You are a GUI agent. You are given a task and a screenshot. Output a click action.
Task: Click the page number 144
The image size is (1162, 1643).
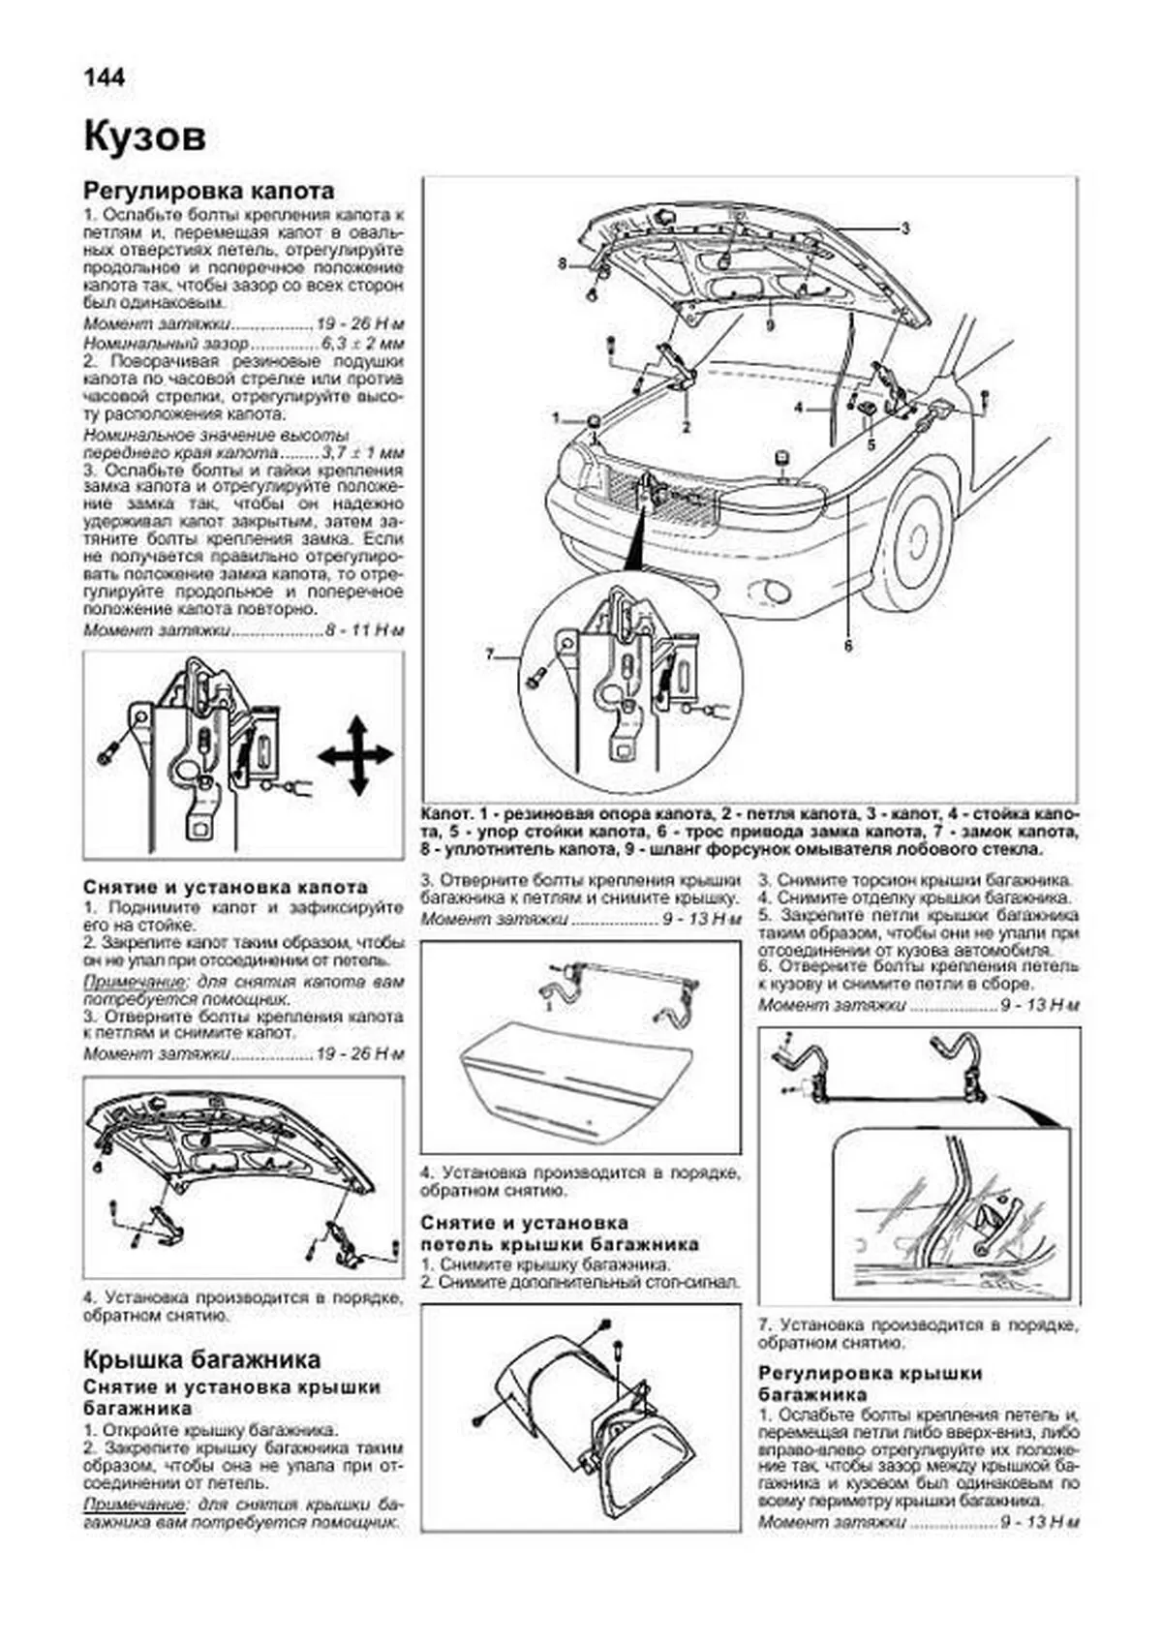105,77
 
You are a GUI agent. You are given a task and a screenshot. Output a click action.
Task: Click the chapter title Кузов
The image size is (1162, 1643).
144,137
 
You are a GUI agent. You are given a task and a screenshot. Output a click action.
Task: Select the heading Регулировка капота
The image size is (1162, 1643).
208,191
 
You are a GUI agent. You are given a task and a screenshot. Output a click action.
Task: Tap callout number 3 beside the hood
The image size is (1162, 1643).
904,228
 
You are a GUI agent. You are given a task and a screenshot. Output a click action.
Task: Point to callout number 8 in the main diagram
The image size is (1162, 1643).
561,262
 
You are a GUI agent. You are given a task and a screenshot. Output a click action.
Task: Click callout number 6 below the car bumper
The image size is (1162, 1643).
848,646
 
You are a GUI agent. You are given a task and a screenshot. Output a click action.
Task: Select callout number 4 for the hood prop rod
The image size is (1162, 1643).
799,409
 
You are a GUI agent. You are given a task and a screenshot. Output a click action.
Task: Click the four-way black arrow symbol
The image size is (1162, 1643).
355,756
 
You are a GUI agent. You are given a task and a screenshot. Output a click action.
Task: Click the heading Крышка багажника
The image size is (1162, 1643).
201,1359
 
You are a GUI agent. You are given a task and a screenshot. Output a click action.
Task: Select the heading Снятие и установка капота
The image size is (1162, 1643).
226,887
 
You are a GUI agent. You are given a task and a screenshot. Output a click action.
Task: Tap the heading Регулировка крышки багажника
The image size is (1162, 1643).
870,1384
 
